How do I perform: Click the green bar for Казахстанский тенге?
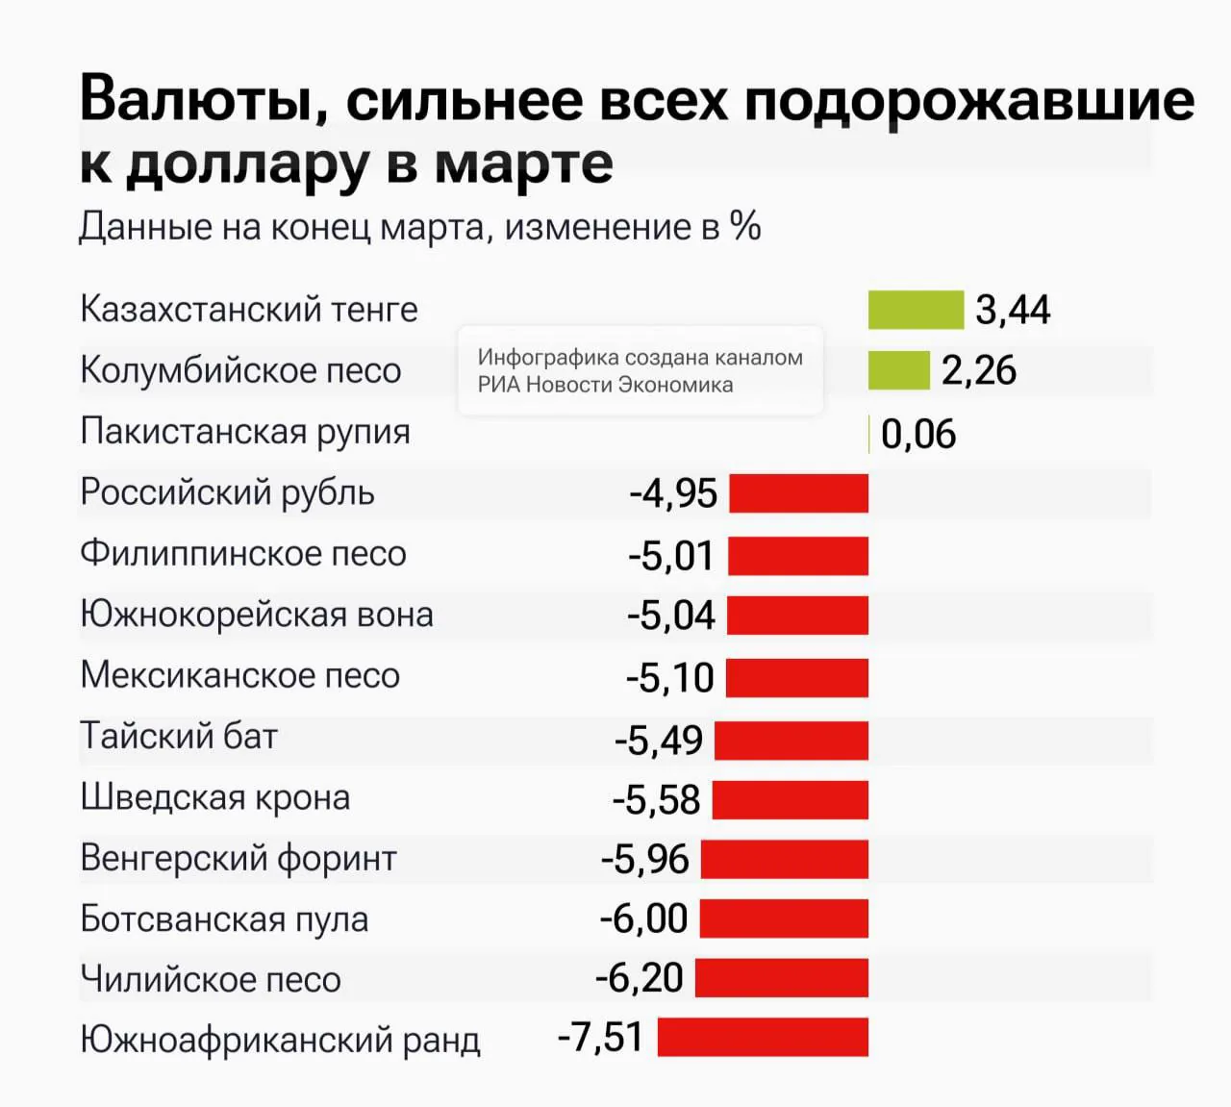click(x=916, y=310)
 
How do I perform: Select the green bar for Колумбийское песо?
click(x=898, y=370)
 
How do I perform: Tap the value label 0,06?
click(x=918, y=435)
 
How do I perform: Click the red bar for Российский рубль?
click(x=798, y=493)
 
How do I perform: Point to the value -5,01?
click(x=671, y=556)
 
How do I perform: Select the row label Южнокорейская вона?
click(x=256, y=615)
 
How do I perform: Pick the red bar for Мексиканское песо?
click(x=796, y=678)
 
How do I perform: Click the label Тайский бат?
click(x=179, y=737)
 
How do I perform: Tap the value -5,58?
click(x=657, y=800)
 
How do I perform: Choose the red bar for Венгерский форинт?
click(x=784, y=860)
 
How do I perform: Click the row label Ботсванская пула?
click(x=224, y=919)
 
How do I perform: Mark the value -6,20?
click(x=640, y=979)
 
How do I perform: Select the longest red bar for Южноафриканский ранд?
click(x=763, y=1038)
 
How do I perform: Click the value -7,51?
click(x=601, y=1039)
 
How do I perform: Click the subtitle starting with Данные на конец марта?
click(x=419, y=227)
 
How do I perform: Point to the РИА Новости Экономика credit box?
click(x=641, y=371)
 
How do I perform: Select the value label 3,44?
click(x=1013, y=311)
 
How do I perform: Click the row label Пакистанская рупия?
click(x=245, y=432)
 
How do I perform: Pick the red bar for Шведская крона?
click(x=790, y=800)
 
